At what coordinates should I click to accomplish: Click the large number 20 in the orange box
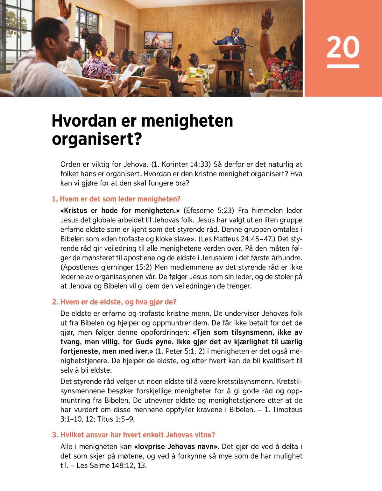343,47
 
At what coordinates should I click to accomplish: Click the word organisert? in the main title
97,139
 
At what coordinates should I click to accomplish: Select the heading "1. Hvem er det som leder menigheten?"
116,199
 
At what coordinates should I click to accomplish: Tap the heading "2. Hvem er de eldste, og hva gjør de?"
114,302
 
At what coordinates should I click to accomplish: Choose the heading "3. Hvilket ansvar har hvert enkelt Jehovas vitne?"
134,435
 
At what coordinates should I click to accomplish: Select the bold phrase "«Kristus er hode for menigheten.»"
120,211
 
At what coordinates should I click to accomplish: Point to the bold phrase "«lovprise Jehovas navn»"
176,447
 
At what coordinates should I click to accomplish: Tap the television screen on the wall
158,40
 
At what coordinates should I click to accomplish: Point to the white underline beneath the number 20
343,66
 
